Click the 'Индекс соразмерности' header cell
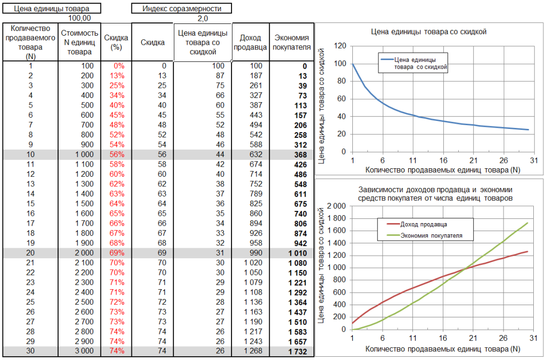point(181,9)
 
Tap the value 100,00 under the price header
point(80,18)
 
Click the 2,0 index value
point(203,18)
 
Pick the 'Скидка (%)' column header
point(115,43)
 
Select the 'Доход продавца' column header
point(250,43)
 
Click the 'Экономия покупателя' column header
point(291,43)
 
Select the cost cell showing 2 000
point(83,252)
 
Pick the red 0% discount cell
point(118,66)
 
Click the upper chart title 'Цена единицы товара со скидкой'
point(428,32)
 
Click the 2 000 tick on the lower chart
point(335,206)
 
